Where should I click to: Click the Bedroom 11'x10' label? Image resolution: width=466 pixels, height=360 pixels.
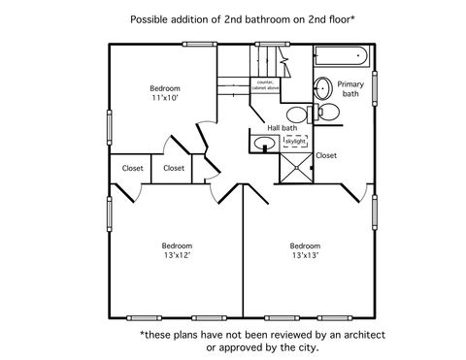165,93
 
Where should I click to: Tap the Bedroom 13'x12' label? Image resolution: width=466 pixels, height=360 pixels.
176,250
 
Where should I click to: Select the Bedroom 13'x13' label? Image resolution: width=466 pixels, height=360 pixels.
306,250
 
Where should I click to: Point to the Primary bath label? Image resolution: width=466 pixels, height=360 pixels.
350,90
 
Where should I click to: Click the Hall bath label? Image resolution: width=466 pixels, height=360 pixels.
283,127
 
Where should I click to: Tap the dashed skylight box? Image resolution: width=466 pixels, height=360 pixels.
295,142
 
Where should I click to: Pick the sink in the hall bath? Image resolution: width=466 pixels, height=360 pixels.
264,145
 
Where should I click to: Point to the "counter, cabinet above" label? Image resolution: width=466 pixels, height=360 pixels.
267,85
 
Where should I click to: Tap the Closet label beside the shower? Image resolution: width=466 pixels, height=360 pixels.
326,155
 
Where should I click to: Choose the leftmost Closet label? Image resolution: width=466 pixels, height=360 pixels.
133,169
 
